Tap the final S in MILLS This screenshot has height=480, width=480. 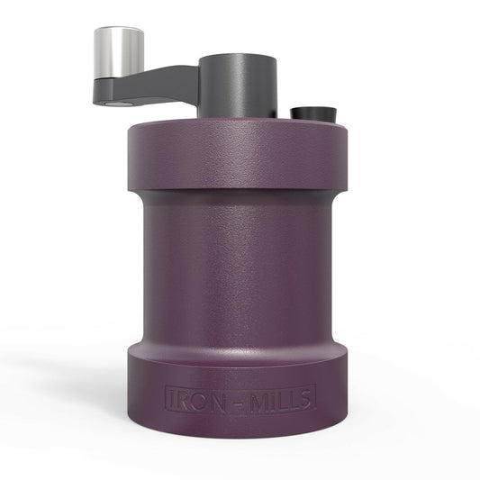point(303,398)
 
